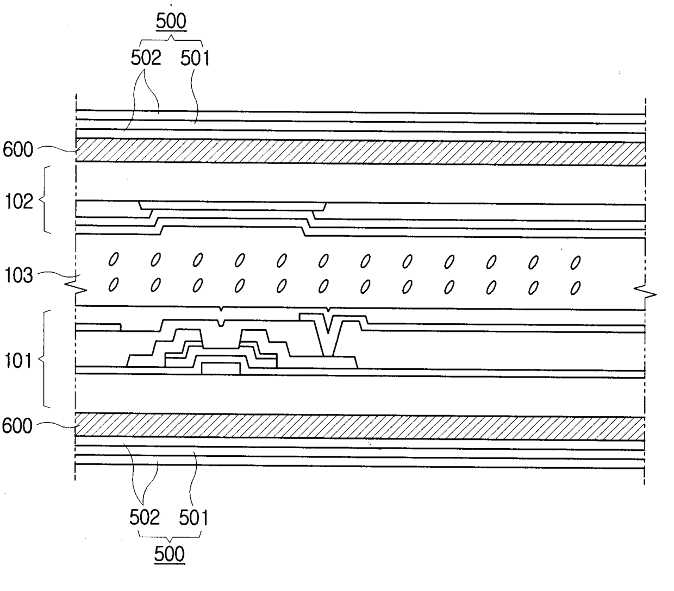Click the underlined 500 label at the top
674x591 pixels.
point(171,22)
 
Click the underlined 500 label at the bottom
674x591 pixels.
point(170,555)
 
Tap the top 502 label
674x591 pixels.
point(146,58)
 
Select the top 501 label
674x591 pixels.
point(195,58)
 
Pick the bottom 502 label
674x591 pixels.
point(144,518)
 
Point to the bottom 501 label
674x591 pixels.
point(194,518)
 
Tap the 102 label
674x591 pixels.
point(18,202)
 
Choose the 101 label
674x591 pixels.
point(18,360)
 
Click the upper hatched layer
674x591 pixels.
point(359,152)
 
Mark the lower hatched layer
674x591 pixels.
point(359,427)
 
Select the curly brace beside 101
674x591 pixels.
point(46,359)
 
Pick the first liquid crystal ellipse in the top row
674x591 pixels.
point(114,260)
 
